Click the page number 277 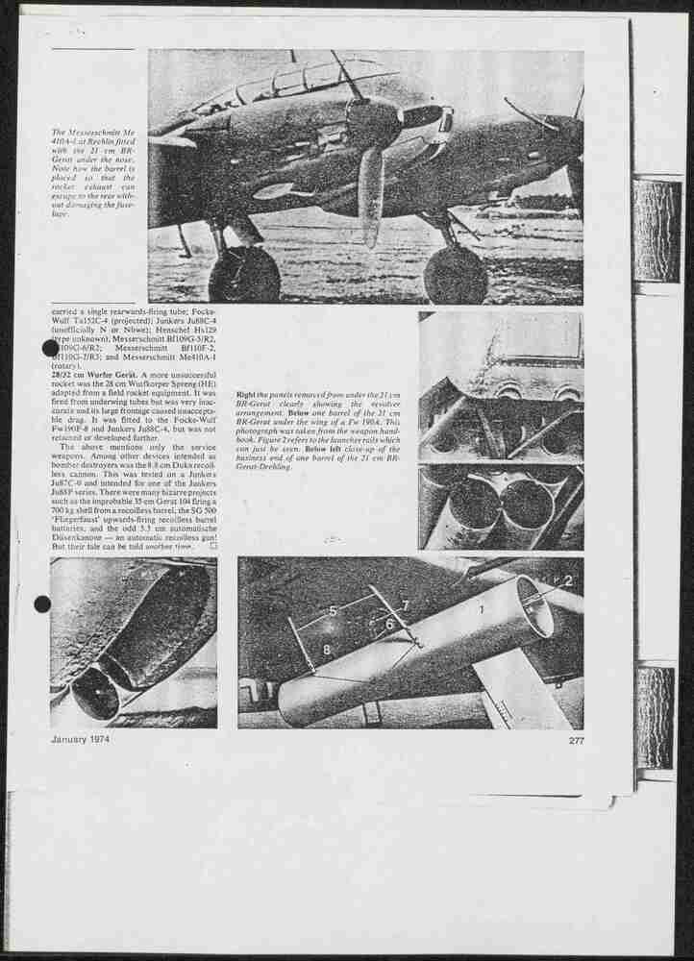pos(576,741)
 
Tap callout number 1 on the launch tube pos(482,608)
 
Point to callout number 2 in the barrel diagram pos(567,581)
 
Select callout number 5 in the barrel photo pos(332,610)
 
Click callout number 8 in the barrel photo pos(327,650)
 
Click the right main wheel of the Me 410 pos(455,275)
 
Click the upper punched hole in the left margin pos(51,348)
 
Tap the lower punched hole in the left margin pos(42,604)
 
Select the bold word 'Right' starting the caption pos(245,396)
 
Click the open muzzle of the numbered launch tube pos(533,607)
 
